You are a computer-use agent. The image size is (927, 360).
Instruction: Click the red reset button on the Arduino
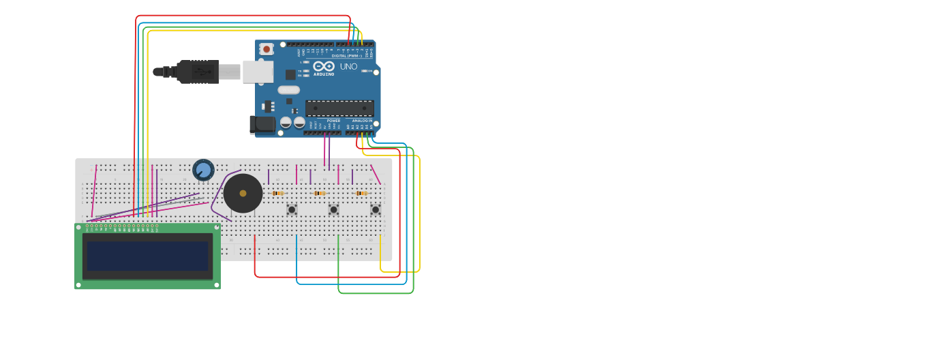(x=267, y=49)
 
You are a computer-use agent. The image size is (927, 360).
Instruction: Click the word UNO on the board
(x=349, y=67)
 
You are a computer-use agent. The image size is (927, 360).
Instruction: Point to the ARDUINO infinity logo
(x=324, y=66)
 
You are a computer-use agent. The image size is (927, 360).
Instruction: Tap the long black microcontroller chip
(x=339, y=108)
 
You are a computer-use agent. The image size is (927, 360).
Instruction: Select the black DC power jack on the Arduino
(x=262, y=124)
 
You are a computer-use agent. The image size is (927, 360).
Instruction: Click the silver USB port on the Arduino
(x=258, y=72)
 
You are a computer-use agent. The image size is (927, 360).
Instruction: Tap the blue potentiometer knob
(x=203, y=170)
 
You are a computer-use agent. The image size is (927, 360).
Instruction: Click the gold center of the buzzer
(x=243, y=194)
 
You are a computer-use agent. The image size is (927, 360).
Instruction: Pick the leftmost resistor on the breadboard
(x=278, y=194)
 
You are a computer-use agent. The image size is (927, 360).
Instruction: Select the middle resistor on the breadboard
(x=320, y=194)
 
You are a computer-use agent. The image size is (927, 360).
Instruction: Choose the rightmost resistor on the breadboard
(x=361, y=194)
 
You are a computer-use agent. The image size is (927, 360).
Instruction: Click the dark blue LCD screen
(x=147, y=256)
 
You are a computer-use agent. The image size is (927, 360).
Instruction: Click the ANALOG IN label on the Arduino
(x=362, y=121)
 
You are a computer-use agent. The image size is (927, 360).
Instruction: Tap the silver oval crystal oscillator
(x=289, y=90)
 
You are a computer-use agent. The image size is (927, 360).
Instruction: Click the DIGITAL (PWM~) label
(x=346, y=56)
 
